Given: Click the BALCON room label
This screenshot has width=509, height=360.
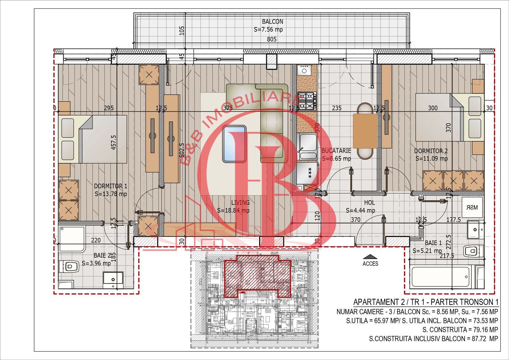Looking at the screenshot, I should point(272,22).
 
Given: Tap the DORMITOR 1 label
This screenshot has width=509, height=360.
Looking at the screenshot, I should point(110,186).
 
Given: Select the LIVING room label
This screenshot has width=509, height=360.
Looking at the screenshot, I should point(240,202).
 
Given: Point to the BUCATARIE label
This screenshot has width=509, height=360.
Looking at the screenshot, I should point(336,151).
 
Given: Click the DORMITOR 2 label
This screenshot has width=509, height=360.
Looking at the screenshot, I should point(431,151).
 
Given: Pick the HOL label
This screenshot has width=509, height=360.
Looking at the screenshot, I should point(369,203).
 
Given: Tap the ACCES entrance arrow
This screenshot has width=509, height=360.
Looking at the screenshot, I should point(370,257).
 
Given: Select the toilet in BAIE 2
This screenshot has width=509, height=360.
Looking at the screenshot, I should point(68,266).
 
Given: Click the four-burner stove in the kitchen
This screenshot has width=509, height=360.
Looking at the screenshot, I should point(307,101).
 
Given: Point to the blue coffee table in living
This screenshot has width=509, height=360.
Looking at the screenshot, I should point(234,144).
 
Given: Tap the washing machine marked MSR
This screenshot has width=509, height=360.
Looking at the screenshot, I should point(472,207).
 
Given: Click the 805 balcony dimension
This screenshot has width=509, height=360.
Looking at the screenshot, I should point(272,39).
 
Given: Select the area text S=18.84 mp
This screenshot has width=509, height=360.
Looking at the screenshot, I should point(233,210).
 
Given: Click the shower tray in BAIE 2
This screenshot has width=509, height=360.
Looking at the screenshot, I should point(72,239).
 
